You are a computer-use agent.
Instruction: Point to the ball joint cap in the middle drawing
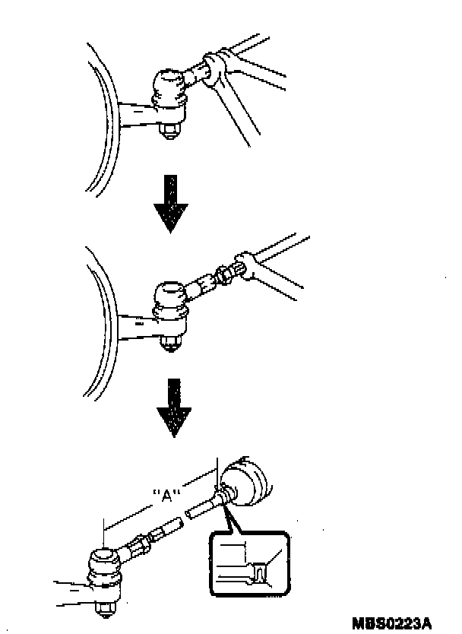pos(169,292)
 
